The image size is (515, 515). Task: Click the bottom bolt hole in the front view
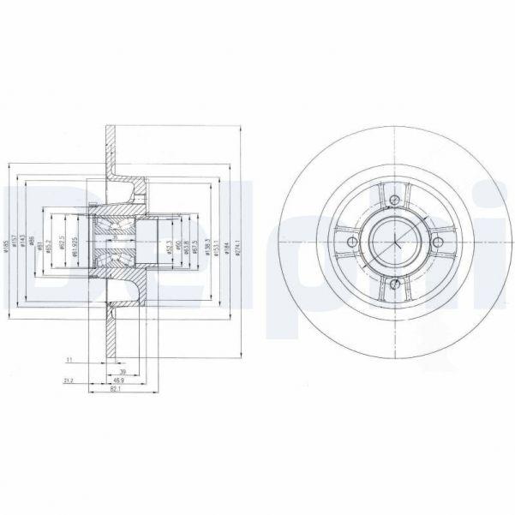[x=393, y=286]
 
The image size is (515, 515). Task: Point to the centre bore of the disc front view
[x=393, y=244]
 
